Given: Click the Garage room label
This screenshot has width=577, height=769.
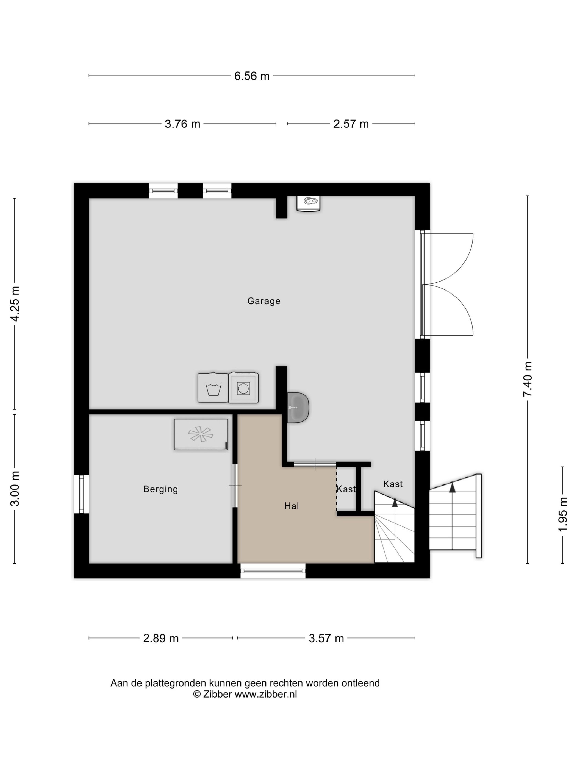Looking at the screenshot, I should pyautogui.click(x=263, y=301).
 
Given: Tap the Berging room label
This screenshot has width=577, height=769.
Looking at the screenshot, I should pyautogui.click(x=161, y=489).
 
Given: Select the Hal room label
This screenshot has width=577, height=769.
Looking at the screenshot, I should pyautogui.click(x=292, y=506).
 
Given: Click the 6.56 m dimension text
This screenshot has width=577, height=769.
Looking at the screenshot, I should pyautogui.click(x=252, y=76).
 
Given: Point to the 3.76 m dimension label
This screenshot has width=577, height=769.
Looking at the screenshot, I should pyautogui.click(x=182, y=124).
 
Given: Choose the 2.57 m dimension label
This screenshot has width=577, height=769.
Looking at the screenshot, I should pyautogui.click(x=351, y=124).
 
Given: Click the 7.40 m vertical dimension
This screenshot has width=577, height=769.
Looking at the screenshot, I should pyautogui.click(x=528, y=379).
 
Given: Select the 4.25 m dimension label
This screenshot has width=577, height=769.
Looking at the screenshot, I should pyautogui.click(x=15, y=304).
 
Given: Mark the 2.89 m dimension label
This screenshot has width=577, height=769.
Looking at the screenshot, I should pyautogui.click(x=161, y=638).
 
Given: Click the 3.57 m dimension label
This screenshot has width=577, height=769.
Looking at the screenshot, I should pyautogui.click(x=326, y=638).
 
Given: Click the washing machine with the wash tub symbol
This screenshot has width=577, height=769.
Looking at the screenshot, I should pyautogui.click(x=213, y=388).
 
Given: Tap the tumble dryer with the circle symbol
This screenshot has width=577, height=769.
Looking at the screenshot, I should pyautogui.click(x=243, y=388).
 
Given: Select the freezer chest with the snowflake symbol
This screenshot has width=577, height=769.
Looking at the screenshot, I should pyautogui.click(x=201, y=434).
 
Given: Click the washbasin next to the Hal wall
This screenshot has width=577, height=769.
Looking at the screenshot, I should pyautogui.click(x=298, y=408).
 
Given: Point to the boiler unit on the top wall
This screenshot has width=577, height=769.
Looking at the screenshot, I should pyautogui.click(x=308, y=204).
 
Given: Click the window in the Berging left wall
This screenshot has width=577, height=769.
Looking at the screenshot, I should pyautogui.click(x=81, y=494).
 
